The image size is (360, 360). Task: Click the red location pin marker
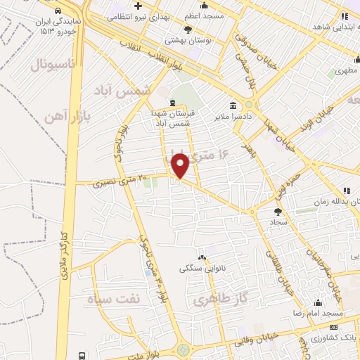[x=181, y=166]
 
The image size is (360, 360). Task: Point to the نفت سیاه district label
[x=114, y=300]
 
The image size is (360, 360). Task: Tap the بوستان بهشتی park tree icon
[x=188, y=29]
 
